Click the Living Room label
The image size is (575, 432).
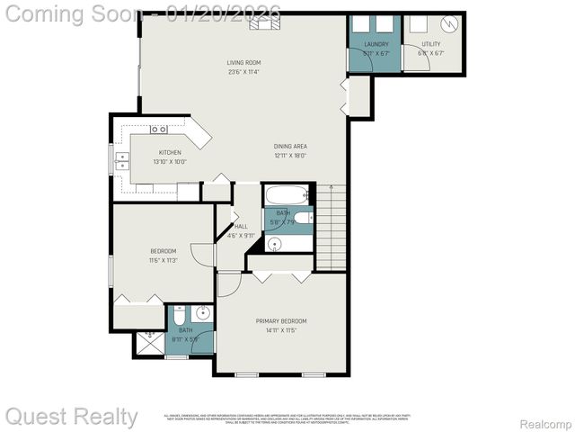[243, 62]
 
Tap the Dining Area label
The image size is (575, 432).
[291, 146]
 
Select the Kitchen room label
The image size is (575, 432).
[170, 152]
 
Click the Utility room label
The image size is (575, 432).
[431, 44]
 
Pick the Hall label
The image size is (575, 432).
[240, 226]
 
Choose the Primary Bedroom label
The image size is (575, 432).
[281, 321]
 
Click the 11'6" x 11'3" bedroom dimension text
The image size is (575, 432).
[163, 260]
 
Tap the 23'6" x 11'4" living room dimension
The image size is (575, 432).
[243, 72]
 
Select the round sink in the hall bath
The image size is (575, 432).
[275, 244]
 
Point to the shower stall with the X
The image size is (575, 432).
[149, 345]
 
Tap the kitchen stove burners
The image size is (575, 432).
[158, 130]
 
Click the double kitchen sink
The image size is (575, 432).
[121, 161]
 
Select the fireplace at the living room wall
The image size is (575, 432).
[263, 23]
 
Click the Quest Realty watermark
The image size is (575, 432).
[72, 417]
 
